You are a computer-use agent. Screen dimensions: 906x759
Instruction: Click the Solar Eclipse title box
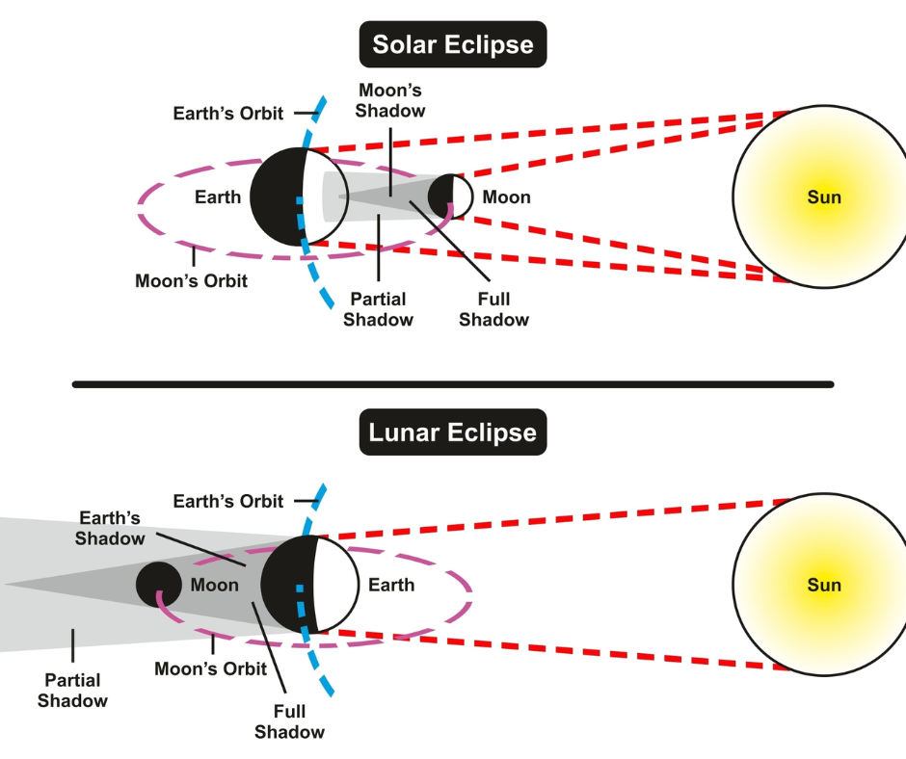(x=453, y=44)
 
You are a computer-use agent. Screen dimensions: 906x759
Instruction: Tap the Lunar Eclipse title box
(x=453, y=432)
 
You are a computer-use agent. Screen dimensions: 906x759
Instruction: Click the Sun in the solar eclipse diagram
(x=819, y=196)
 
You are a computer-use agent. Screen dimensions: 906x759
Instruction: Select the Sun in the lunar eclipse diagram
(x=819, y=584)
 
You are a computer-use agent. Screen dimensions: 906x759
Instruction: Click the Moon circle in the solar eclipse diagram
(x=451, y=196)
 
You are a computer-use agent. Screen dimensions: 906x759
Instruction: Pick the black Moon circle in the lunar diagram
(x=159, y=584)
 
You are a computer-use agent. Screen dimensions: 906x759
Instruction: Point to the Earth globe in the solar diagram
(x=300, y=196)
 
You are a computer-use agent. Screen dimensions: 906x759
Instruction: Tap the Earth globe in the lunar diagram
(x=309, y=584)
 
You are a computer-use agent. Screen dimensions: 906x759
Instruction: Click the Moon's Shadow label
(x=390, y=100)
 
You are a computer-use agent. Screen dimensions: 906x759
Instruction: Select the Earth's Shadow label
(x=110, y=528)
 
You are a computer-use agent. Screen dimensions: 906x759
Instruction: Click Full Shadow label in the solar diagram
(x=494, y=309)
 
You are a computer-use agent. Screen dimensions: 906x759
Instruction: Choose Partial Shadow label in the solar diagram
(x=379, y=309)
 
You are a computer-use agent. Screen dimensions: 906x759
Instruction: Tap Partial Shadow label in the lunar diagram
(x=73, y=691)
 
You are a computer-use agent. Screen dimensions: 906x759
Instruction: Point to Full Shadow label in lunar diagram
(x=289, y=721)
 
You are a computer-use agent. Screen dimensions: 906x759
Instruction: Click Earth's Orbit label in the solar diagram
(x=228, y=114)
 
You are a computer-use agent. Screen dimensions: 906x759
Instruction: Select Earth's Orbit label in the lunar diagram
(x=228, y=501)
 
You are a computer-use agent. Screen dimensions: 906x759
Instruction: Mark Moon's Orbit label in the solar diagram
(x=191, y=280)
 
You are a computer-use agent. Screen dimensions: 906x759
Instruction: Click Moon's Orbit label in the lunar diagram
(x=211, y=668)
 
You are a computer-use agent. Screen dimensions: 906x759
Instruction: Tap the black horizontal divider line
(x=453, y=384)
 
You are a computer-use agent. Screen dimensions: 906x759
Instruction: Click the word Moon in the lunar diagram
(x=215, y=585)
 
